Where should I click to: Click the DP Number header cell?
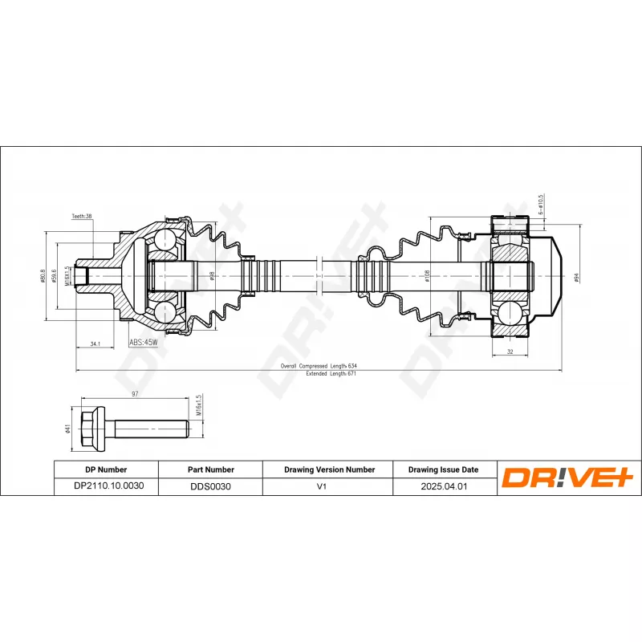pos(106,469)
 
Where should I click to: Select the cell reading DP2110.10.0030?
pos(106,486)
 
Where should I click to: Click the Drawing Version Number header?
pos(329,469)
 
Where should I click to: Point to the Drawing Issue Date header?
pos(443,469)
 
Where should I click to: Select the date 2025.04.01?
pos(443,486)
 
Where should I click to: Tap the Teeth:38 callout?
pos(82,217)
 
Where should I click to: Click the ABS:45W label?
pos(144,342)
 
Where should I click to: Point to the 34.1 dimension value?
pos(95,343)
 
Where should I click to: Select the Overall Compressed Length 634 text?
pos(318,366)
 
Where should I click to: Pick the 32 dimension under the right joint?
pos(510,351)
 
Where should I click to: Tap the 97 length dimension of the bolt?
pos(135,395)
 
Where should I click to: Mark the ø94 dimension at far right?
pos(576,278)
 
